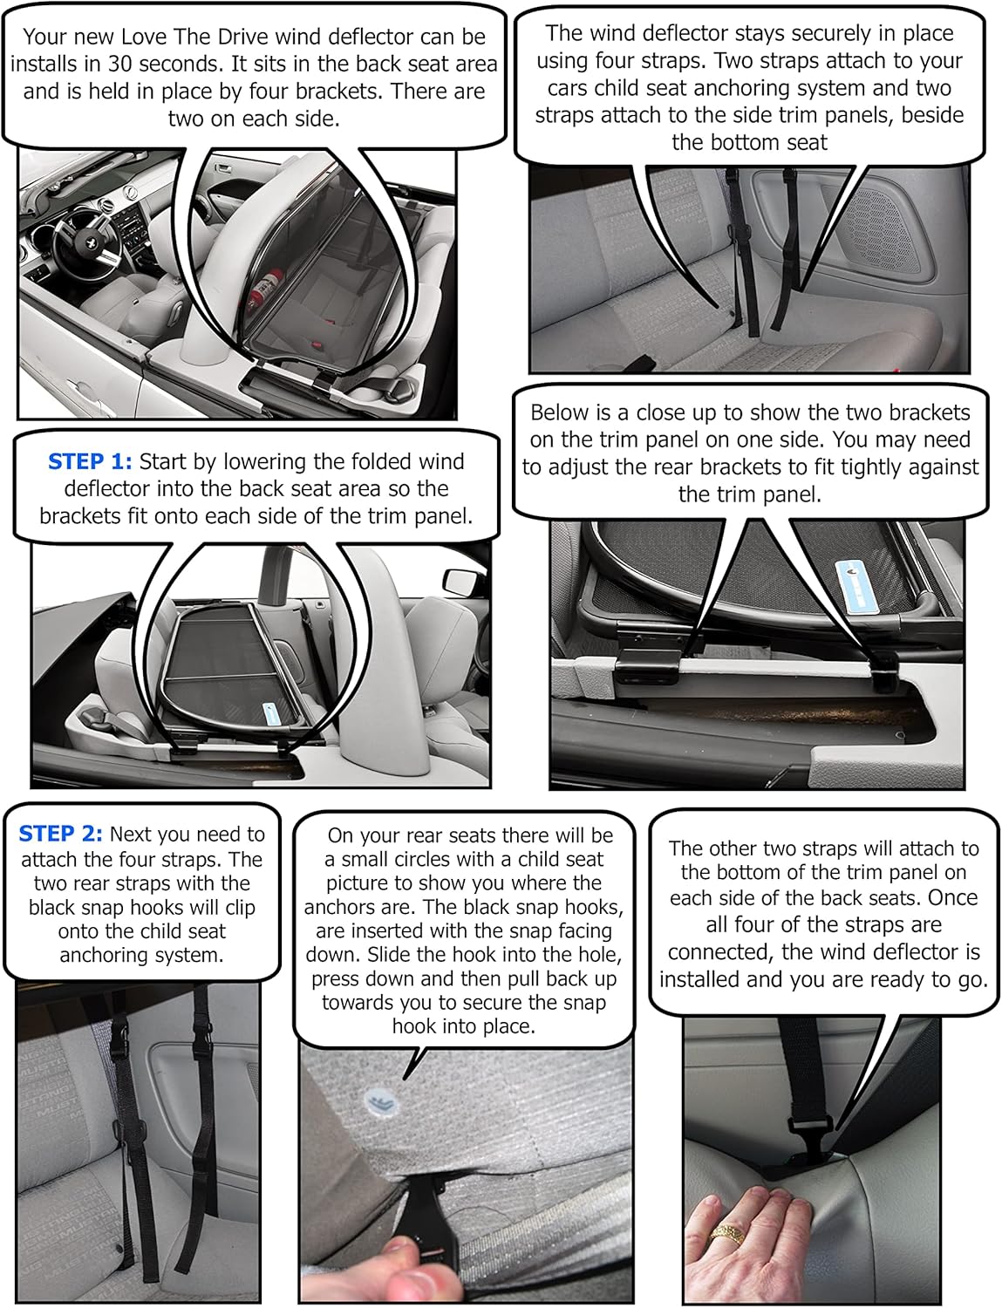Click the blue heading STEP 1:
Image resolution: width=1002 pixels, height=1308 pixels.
90,461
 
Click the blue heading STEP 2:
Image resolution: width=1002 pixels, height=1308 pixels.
60,835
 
